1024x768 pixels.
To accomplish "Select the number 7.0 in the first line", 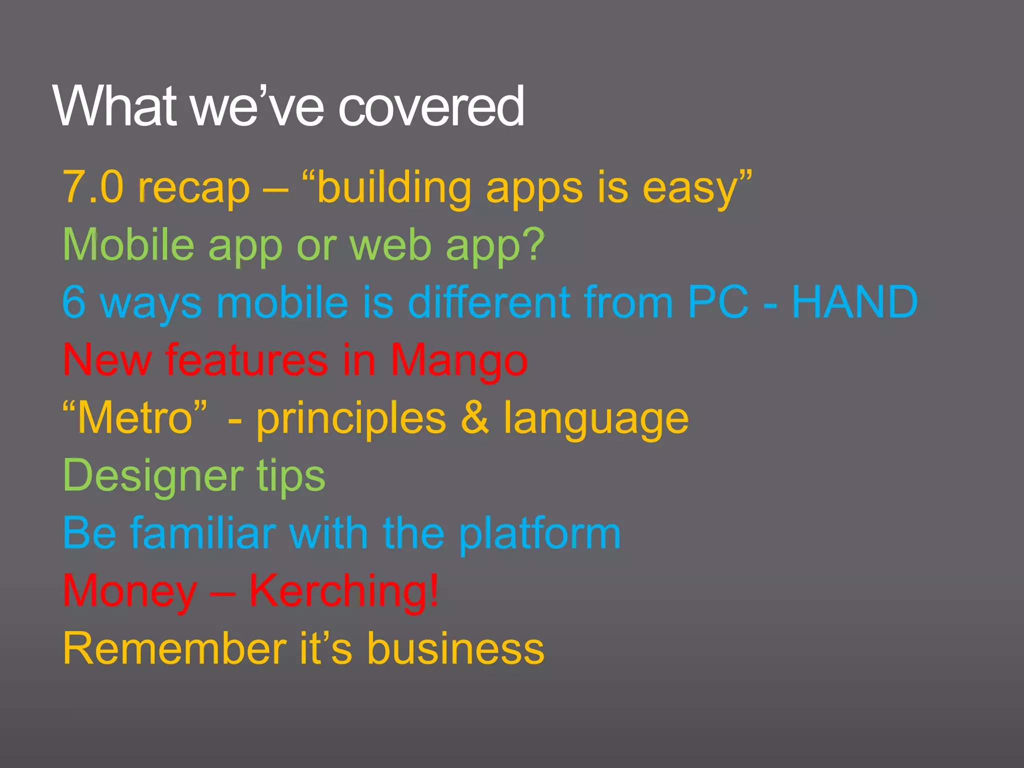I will click(93, 187).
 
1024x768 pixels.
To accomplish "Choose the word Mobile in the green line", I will click(128, 244).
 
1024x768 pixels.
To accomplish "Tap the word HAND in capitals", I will click(855, 302).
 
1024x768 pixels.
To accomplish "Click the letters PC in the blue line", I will click(718, 302).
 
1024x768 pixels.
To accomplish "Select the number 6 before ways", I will click(73, 302).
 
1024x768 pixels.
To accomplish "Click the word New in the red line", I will click(107, 360).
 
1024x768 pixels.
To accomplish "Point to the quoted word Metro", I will click(135, 418).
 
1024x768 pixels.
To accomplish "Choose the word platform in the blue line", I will click(540, 533).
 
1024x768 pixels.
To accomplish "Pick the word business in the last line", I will click(455, 648).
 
